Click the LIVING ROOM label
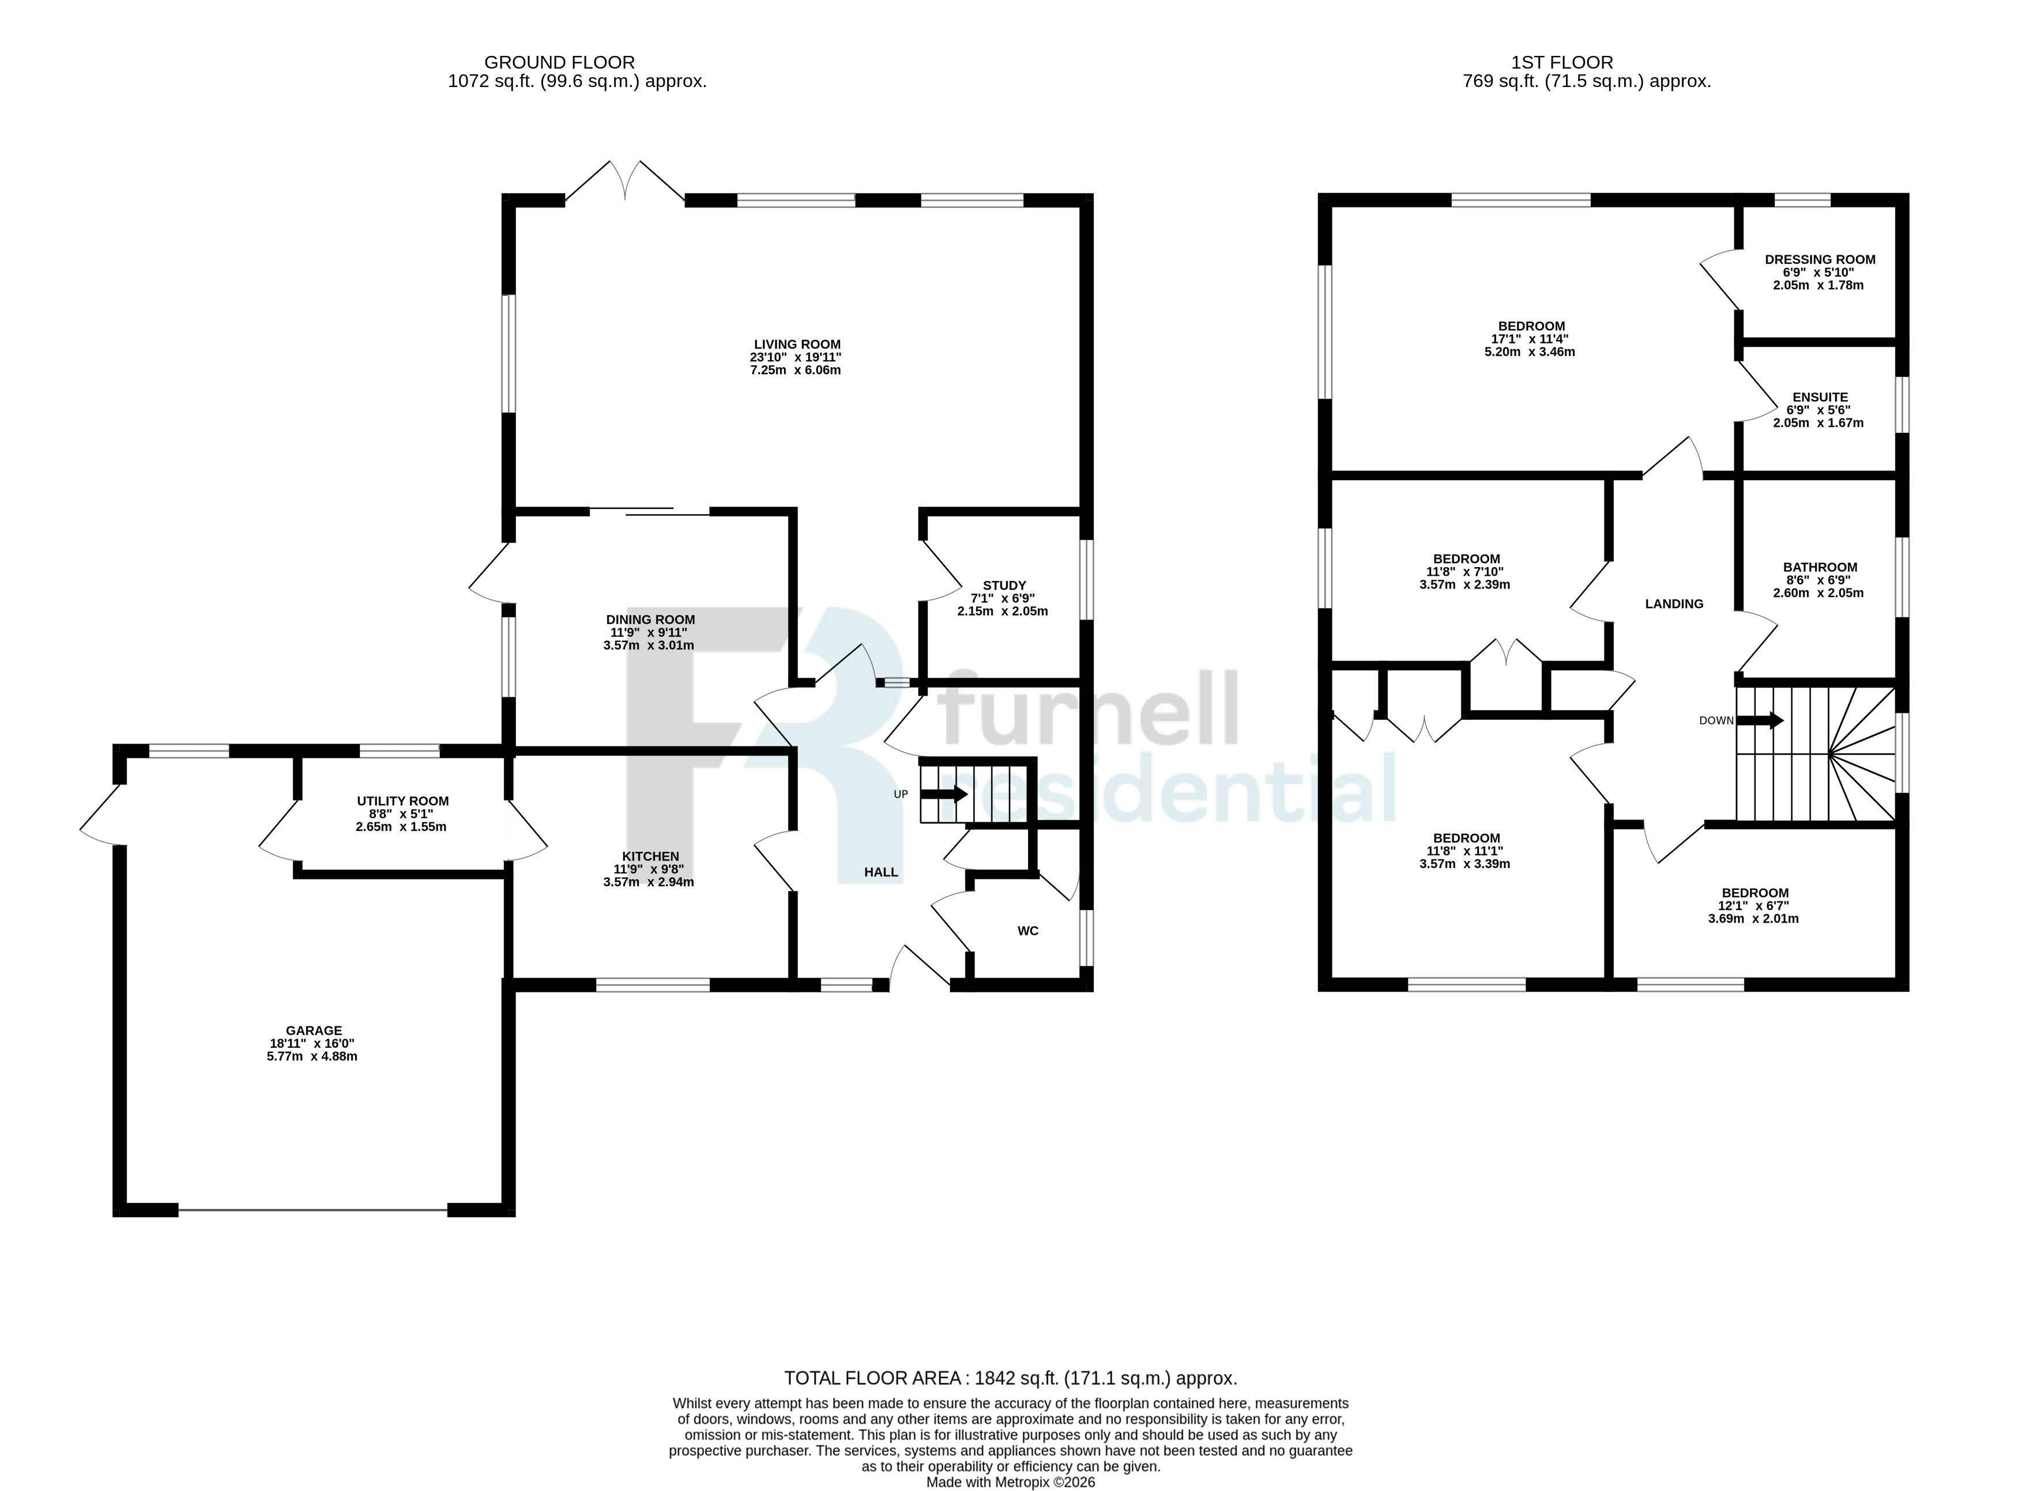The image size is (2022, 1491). [797, 345]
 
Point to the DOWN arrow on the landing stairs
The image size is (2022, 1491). [1759, 720]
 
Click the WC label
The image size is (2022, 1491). [1028, 931]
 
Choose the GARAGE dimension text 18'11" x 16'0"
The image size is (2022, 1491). [312, 1043]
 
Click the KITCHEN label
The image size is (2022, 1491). [650, 856]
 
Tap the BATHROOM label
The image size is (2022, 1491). [1820, 568]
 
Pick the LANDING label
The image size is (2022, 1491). [1674, 604]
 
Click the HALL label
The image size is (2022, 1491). [881, 872]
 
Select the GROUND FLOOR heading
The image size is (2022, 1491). [560, 62]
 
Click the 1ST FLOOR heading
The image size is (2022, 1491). [1562, 62]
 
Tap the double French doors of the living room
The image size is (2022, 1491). [624, 183]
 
